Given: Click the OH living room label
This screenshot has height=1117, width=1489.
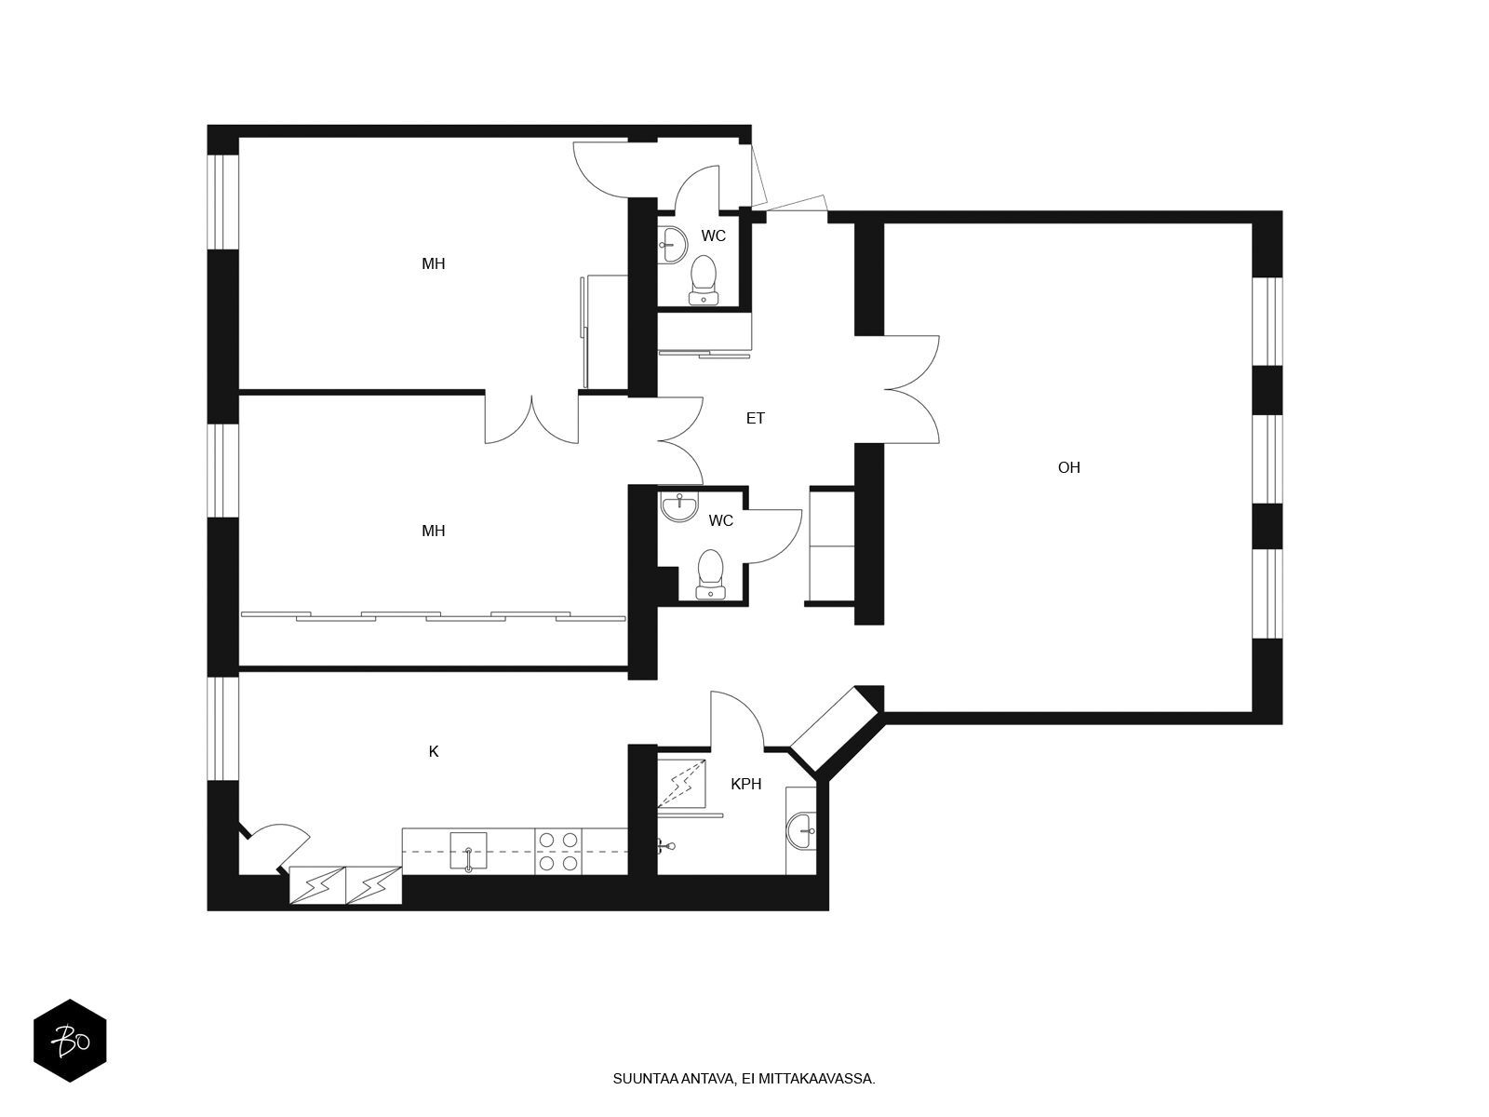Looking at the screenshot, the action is coord(1068,467).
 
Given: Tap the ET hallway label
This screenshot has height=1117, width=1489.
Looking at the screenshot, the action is coord(755,419).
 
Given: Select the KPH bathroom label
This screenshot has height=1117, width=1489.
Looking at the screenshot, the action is coord(745,784).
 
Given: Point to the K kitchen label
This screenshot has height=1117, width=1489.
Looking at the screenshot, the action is coord(434,751).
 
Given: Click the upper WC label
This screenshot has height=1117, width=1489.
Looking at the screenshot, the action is coord(713,236).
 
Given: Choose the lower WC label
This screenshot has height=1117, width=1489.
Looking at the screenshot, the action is coord(720,521).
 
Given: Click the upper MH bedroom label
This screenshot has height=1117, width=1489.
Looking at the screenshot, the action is coord(434,263).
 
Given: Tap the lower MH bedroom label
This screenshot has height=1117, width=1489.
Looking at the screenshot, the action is coord(434,531).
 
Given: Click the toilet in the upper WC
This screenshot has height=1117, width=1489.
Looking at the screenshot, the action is coord(704,279).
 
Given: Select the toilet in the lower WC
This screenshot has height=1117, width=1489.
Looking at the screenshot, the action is coord(711,574).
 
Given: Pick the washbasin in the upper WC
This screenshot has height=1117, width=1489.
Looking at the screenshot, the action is coord(673,244).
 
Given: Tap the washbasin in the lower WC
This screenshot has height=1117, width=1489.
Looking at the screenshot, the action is coord(679,506).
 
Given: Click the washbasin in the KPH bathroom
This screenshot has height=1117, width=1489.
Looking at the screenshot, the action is coord(801,831).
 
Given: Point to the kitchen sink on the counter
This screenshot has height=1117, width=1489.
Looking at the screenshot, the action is coord(468,851).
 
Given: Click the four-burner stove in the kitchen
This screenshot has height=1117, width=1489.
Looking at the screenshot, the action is coord(558,851).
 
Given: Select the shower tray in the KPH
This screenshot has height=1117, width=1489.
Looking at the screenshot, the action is coord(682,783).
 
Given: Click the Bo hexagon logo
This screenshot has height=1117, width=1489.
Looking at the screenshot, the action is coord(70,1041).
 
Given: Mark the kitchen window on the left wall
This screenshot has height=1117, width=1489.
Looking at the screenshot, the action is coord(222,729).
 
